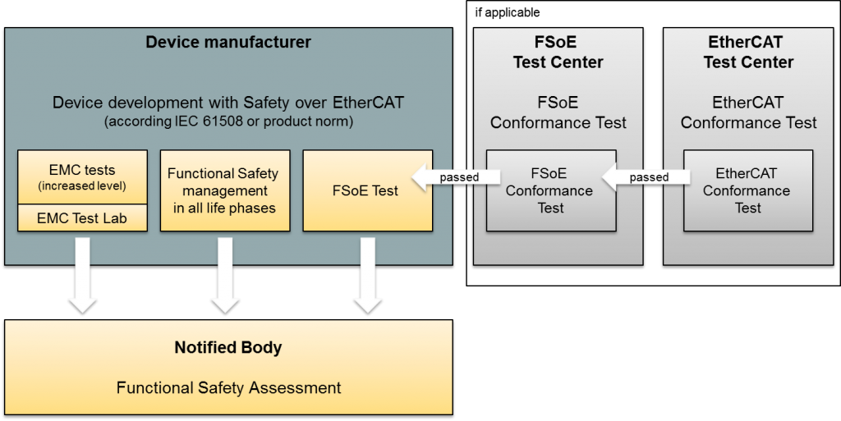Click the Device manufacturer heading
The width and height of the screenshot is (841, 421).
228,42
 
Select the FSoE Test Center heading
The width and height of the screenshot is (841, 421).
558,52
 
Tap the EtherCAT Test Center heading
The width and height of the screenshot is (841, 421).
748,52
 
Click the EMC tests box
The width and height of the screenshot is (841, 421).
82,176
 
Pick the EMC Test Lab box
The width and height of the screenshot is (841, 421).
82,218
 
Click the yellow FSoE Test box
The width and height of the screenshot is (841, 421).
367,190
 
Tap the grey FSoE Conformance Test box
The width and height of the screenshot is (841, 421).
550,190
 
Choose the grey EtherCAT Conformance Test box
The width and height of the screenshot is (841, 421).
747,190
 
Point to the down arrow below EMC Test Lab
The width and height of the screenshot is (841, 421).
82,276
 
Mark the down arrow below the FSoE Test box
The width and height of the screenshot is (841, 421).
367,276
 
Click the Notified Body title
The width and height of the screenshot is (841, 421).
228,348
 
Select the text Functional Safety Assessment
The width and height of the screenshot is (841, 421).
228,387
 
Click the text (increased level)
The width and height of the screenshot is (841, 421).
82,186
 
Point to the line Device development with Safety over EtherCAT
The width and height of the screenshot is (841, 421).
228,103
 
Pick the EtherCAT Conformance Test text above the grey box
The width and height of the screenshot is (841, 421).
748,113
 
